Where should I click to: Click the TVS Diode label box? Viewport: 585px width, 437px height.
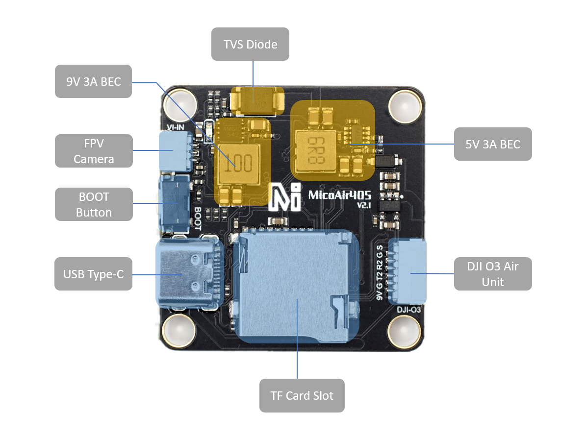[x=250, y=44]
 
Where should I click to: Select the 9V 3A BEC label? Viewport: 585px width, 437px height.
[x=93, y=81]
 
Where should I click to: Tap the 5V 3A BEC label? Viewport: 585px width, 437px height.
[x=492, y=144]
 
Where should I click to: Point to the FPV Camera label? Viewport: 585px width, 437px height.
[x=93, y=151]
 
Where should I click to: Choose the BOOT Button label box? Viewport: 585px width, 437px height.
[x=93, y=204]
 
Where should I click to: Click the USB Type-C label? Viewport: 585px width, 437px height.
[x=93, y=274]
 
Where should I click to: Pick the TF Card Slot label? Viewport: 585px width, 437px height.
[x=302, y=395]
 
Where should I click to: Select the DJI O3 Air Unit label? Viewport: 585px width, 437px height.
[x=492, y=274]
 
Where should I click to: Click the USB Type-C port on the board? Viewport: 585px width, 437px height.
[x=188, y=274]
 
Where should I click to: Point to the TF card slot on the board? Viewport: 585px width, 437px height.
[x=297, y=287]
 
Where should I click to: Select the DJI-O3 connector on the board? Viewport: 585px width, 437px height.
[x=407, y=271]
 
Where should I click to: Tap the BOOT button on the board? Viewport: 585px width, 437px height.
[x=174, y=203]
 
